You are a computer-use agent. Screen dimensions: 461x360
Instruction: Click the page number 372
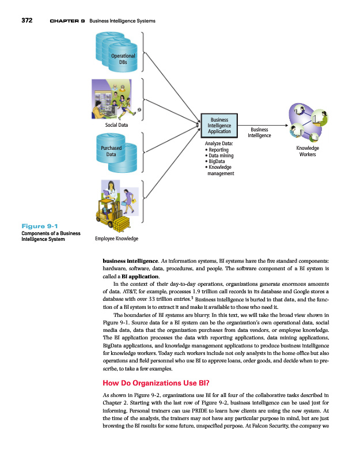[26, 21]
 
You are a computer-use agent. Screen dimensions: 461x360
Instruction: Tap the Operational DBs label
[123, 59]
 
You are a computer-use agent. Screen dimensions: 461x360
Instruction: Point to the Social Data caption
[116, 124]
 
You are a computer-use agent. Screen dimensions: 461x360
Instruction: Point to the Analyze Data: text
[218, 143]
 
